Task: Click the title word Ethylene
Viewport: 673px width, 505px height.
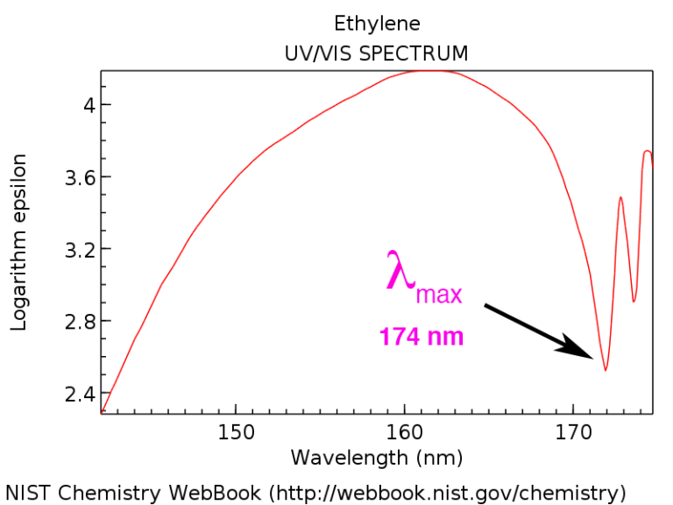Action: point(377,24)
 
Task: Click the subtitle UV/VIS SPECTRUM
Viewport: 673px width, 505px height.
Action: point(377,53)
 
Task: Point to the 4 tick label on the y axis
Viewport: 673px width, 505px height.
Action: point(78,105)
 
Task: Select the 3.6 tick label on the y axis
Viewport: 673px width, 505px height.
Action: point(71,177)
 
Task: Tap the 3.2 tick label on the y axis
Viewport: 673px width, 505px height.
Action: point(71,249)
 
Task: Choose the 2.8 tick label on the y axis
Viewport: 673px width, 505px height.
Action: point(71,321)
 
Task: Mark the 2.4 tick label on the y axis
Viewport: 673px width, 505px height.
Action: point(71,393)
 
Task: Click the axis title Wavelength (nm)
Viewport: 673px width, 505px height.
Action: point(377,458)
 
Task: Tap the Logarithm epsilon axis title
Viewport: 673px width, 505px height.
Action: point(19,242)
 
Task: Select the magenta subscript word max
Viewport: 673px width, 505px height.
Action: point(438,295)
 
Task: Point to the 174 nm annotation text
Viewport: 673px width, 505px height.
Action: point(422,336)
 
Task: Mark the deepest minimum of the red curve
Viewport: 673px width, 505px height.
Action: point(605,369)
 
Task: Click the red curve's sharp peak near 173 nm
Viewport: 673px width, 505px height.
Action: point(620,198)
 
